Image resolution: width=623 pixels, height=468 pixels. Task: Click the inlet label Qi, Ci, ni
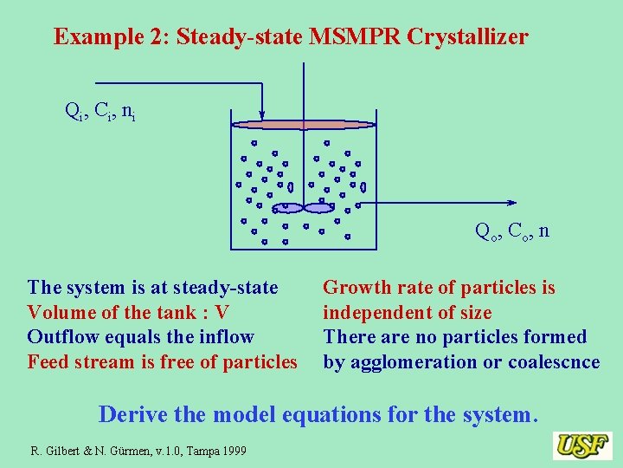100,110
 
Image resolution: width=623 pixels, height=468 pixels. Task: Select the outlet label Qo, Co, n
511,231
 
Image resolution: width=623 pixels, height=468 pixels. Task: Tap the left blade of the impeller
288,208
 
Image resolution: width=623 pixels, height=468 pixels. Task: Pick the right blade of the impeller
318,208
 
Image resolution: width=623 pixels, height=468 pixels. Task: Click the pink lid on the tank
304,124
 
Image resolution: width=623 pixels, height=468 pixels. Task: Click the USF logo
582,445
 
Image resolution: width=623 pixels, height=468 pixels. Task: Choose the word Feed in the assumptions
48,361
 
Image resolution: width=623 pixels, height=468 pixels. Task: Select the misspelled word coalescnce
553,361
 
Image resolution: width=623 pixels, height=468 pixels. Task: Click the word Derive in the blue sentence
133,414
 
